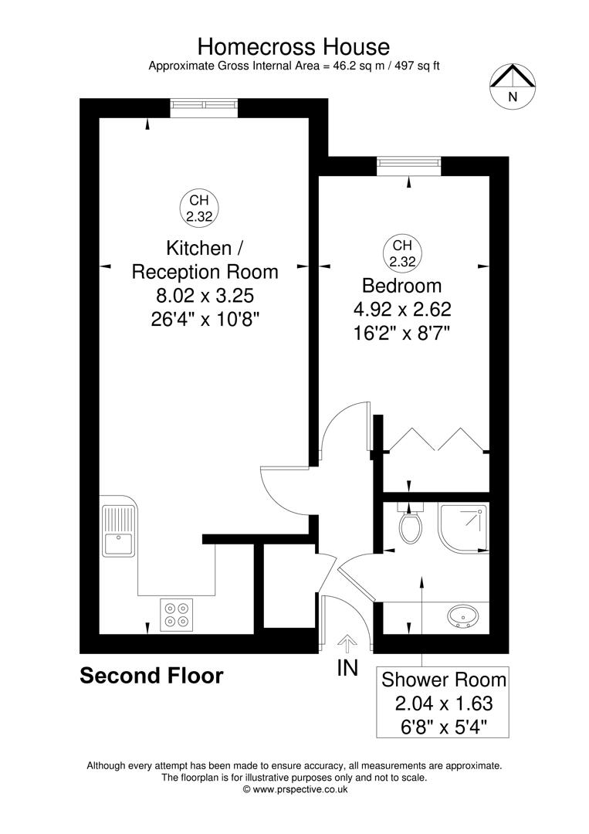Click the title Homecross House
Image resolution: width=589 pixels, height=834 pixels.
[294, 46]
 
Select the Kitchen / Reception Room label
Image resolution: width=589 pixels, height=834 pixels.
[205, 259]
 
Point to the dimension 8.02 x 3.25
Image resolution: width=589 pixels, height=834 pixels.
[205, 295]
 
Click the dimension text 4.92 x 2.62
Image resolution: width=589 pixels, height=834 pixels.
[401, 310]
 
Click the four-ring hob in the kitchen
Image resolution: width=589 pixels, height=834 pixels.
[175, 613]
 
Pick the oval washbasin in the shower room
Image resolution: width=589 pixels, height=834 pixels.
[463, 616]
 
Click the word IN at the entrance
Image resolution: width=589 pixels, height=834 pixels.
[348, 668]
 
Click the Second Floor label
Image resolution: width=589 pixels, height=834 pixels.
[152, 676]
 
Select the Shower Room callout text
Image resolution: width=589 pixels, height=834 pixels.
[444, 680]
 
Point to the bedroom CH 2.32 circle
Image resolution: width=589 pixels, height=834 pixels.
[401, 253]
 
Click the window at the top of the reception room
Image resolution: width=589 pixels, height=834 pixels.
[204, 105]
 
